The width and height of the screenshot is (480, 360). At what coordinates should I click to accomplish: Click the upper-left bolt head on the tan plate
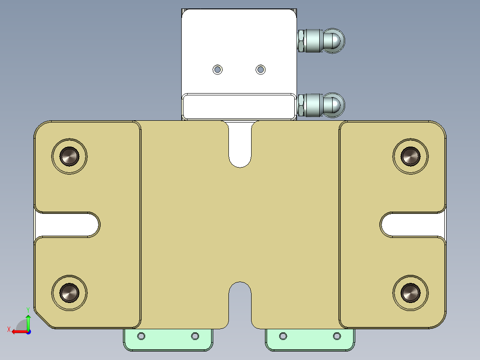pos(69,156)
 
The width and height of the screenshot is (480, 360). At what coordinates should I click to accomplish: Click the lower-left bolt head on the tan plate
pos(69,292)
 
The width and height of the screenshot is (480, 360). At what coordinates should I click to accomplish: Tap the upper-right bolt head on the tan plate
pos(411,156)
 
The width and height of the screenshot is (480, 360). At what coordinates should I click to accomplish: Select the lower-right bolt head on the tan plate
pos(411,292)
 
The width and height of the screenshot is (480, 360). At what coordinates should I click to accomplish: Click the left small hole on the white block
pos(218,70)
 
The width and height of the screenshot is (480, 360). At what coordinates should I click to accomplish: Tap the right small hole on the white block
pos(260,70)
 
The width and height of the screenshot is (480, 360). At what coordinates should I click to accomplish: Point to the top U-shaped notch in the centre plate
pos(240,145)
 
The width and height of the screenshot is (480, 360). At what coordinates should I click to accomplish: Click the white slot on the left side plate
pos(67,224)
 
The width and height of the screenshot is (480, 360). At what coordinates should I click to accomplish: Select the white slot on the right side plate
pos(412,224)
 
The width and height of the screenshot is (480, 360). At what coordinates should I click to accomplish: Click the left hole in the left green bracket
pos(142,336)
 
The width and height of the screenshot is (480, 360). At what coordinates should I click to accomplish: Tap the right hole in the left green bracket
pos(195,336)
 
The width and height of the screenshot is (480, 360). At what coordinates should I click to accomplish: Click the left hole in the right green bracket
pos(283,336)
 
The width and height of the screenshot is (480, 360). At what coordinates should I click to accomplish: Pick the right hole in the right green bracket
pos(336,336)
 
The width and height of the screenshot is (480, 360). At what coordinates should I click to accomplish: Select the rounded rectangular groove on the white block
pos(239,106)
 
